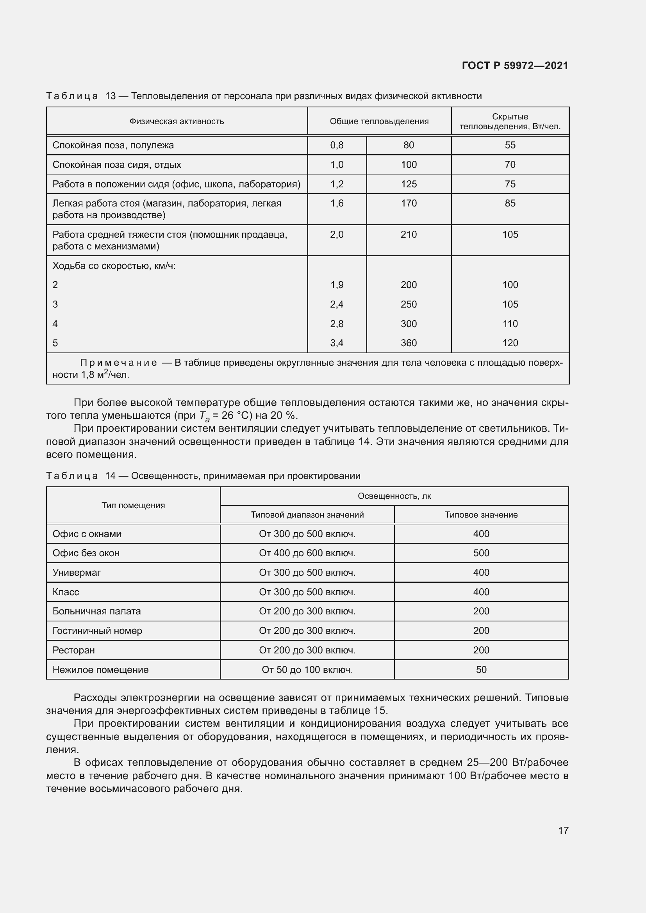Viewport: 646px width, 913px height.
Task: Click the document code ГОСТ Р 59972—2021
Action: [x=515, y=66]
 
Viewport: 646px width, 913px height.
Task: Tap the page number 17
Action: [x=563, y=830]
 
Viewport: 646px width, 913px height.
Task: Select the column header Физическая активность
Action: [x=177, y=121]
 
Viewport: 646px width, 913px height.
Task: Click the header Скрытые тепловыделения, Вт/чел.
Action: [x=510, y=121]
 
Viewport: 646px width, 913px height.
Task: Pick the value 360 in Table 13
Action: [x=409, y=343]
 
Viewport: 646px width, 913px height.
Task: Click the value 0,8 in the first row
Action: [x=337, y=145]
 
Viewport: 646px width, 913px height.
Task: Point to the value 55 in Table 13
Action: [x=510, y=145]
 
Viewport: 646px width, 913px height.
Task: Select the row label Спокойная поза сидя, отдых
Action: [x=116, y=165]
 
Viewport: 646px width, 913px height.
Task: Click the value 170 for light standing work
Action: [x=409, y=203]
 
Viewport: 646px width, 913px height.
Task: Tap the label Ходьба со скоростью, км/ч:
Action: [x=114, y=266]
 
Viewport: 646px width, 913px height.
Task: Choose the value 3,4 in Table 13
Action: [x=337, y=343]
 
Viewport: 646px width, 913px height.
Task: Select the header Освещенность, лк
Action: [x=394, y=496]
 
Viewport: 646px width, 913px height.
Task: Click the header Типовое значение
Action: [x=481, y=514]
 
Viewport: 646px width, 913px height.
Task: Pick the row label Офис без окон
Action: [x=86, y=553]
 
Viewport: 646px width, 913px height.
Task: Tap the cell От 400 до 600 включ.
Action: [x=307, y=553]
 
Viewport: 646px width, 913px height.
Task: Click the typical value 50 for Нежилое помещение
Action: [x=481, y=670]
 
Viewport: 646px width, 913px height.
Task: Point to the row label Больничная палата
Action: [x=96, y=611]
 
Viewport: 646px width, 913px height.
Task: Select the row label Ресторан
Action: [x=73, y=650]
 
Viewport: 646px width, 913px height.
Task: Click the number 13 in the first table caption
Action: [x=110, y=96]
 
